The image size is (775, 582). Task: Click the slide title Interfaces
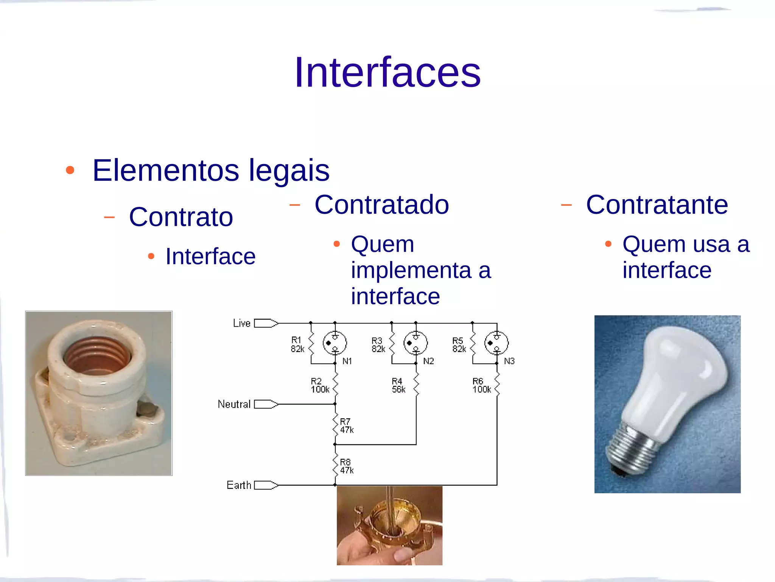(x=387, y=72)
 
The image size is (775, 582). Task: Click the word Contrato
(x=181, y=217)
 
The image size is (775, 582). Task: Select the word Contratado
(x=381, y=205)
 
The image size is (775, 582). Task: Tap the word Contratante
(x=657, y=205)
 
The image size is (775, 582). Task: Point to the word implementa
(x=410, y=270)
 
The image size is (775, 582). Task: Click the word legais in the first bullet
(x=289, y=170)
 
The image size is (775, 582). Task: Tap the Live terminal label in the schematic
(x=242, y=323)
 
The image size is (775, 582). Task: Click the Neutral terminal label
(x=234, y=404)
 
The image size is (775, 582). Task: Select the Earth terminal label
(x=239, y=485)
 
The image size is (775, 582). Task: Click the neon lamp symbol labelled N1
(x=335, y=343)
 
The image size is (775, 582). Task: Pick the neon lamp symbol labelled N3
(x=496, y=343)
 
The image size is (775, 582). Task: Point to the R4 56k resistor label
(x=398, y=385)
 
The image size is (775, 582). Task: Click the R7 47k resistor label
(x=347, y=426)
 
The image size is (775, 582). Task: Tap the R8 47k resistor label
(x=347, y=466)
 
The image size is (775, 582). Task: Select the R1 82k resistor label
(x=297, y=344)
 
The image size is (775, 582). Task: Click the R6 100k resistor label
(x=481, y=385)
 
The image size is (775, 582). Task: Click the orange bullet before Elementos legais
(x=70, y=170)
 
